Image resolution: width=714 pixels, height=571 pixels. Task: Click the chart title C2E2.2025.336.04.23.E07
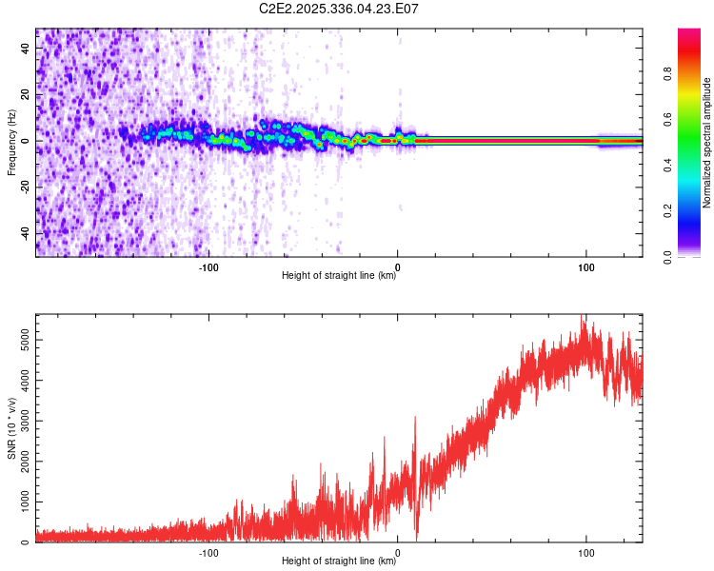pyautogui.click(x=340, y=9)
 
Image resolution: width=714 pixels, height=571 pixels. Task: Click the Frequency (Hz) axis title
pyautogui.click(x=11, y=142)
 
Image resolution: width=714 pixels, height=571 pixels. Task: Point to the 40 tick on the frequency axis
pyautogui.click(x=26, y=49)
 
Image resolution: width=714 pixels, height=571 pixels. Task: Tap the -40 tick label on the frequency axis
pyautogui.click(x=23, y=233)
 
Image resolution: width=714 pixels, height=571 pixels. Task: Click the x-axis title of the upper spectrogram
pyautogui.click(x=339, y=276)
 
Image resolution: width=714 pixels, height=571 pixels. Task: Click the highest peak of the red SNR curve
pyautogui.click(x=583, y=316)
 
